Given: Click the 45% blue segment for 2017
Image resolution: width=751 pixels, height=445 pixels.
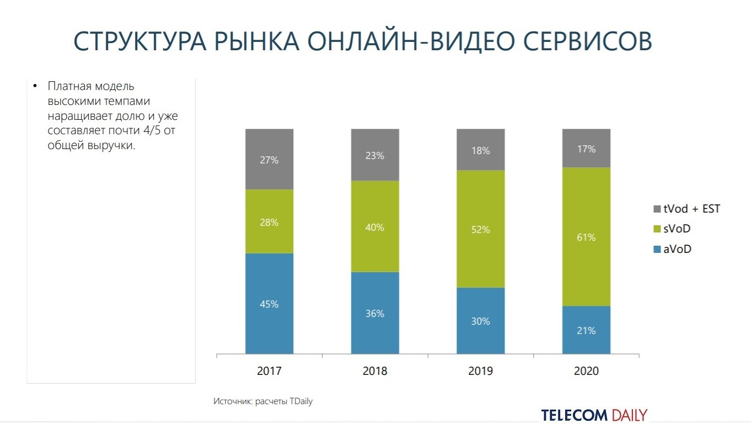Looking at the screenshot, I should click(x=269, y=304).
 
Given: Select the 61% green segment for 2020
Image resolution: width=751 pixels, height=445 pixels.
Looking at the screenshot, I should click(x=586, y=237).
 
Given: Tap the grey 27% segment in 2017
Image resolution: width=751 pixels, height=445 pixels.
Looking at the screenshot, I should click(x=269, y=160).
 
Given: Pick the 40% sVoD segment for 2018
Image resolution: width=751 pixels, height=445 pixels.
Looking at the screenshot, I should click(x=375, y=227).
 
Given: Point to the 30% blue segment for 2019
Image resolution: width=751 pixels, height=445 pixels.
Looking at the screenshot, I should click(x=480, y=321).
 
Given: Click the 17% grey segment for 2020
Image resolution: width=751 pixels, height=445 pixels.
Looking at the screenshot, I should click(x=586, y=149).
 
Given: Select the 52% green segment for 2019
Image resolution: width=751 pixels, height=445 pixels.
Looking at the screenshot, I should click(x=480, y=229).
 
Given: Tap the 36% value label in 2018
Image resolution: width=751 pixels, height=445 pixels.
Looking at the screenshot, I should click(x=375, y=314).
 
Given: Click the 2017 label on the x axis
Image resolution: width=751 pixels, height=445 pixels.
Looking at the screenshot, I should click(x=269, y=371).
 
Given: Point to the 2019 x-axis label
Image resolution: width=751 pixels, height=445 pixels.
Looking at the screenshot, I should click(x=480, y=371).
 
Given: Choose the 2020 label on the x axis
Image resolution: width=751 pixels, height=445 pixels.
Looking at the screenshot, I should click(x=586, y=371).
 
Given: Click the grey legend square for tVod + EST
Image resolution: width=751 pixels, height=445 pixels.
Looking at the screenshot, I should click(x=656, y=209).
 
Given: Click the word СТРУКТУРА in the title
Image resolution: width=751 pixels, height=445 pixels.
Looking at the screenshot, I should click(x=142, y=42).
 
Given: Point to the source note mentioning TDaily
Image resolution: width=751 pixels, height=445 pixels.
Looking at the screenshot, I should click(x=263, y=401).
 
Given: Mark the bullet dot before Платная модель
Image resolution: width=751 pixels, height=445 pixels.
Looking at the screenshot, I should click(x=34, y=87).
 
